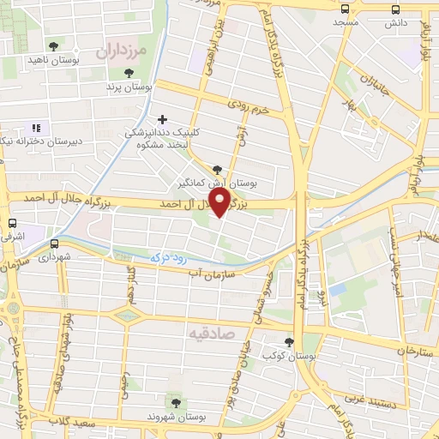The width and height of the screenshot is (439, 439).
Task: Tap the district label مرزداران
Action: click(123, 52)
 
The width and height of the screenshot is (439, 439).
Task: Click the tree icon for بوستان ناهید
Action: click(54, 45)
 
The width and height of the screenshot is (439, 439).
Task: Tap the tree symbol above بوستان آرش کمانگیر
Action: click(216, 170)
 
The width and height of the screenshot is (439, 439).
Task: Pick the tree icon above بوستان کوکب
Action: click(288, 342)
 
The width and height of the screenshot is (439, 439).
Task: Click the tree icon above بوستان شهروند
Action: click(176, 402)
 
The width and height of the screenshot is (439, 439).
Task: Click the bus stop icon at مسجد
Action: click(345, 9)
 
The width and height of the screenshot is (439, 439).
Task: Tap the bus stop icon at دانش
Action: click(395, 9)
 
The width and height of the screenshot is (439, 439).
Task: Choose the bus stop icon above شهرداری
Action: click(55, 244)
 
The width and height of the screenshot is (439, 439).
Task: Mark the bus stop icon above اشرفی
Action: click(10, 219)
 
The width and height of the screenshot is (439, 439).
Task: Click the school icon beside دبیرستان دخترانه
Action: click(36, 128)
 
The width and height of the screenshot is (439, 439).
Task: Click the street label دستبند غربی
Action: click(370, 399)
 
